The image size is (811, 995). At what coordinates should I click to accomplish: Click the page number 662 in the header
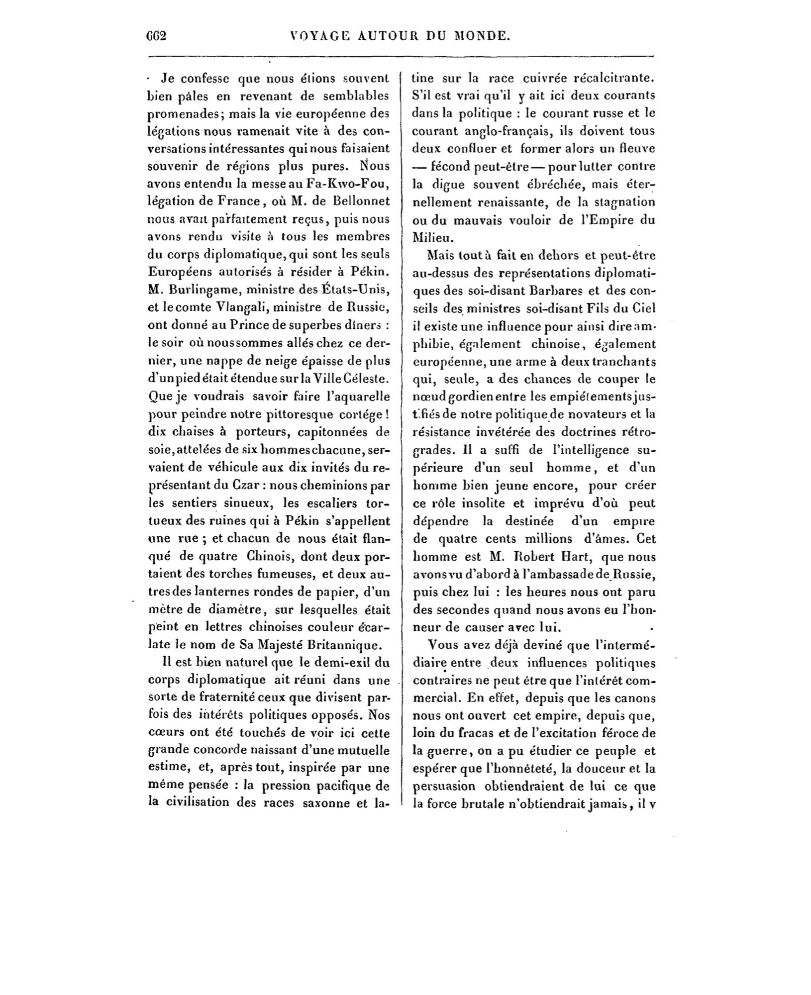(x=155, y=36)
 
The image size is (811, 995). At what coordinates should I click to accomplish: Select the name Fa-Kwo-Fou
(x=349, y=184)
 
